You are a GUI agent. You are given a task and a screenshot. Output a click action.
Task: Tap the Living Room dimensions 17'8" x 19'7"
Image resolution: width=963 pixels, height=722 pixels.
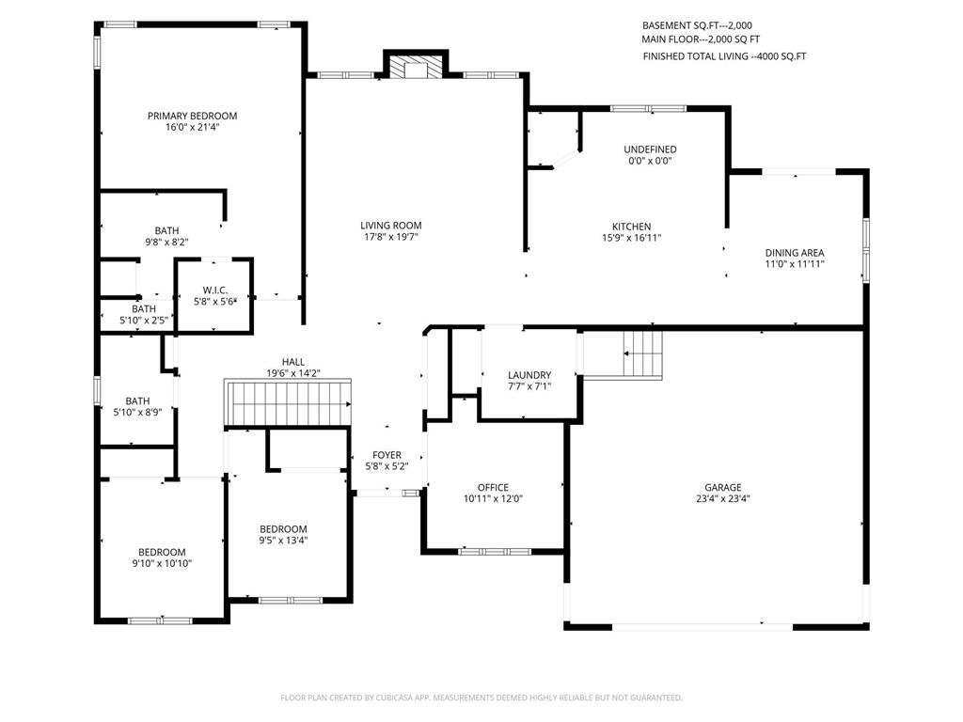pos(390,237)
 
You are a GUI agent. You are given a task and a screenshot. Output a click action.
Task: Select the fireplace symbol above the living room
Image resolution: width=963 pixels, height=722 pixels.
pos(416,68)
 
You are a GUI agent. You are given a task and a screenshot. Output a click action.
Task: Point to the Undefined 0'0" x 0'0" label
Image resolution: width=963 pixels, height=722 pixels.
pos(650,155)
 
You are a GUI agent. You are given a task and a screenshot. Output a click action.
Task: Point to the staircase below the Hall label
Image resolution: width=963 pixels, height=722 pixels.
pos(288,402)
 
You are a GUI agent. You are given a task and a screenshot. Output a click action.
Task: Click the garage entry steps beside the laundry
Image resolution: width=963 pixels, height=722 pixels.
pos(642,353)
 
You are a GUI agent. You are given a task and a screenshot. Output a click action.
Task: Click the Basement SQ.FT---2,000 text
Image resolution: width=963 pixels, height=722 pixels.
pos(697,25)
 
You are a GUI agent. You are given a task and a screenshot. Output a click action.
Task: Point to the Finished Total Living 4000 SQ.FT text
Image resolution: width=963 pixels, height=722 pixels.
pos(725,56)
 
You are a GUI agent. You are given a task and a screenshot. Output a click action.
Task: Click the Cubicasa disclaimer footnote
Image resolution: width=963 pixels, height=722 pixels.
pos(481,698)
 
